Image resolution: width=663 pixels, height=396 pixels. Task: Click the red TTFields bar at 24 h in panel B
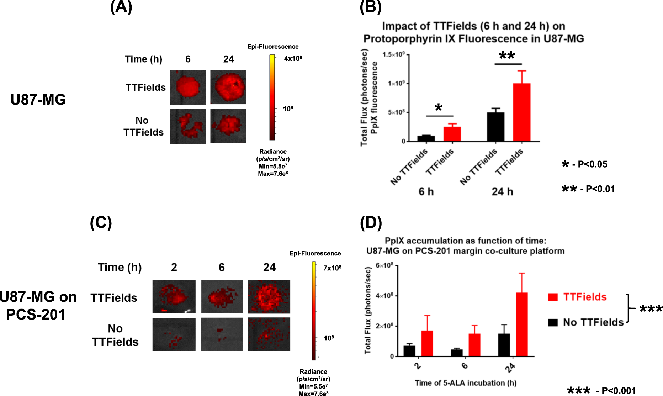521,112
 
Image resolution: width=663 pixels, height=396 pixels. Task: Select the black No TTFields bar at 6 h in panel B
426,138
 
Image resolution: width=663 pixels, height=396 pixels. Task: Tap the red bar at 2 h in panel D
427,343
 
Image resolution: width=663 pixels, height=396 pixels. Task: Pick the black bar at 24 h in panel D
504,345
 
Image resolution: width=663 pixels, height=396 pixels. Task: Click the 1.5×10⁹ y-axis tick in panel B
393,54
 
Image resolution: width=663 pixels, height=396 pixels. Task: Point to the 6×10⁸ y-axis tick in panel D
384,265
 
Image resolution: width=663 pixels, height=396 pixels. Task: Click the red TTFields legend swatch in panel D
553,297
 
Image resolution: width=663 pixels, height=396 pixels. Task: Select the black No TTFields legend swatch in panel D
553,322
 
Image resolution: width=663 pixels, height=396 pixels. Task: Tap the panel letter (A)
121,7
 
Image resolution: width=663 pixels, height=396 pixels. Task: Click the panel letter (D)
371,223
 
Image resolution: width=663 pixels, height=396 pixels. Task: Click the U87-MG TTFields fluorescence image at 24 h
228,87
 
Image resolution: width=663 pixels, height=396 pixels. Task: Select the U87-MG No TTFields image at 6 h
188,126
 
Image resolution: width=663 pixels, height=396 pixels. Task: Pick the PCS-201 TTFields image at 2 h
174,296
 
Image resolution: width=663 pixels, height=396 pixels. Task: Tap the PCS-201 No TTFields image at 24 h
269,334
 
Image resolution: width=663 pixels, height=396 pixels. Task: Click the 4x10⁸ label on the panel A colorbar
293,58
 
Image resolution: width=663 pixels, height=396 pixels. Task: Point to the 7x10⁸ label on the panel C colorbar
332,268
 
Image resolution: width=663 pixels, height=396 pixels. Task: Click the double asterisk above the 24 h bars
507,56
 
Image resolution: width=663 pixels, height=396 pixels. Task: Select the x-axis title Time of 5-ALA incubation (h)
465,383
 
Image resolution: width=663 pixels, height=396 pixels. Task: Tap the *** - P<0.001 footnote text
601,391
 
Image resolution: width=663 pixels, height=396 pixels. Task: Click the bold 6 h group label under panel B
426,192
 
